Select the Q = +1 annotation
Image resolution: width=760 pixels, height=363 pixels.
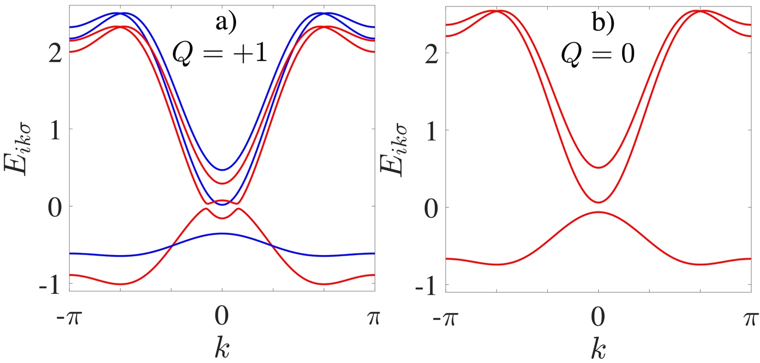[223, 54]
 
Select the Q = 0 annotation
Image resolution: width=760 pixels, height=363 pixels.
[598, 54]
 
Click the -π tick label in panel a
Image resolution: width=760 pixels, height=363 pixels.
[70, 319]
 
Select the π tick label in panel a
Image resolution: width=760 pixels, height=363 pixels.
[374, 319]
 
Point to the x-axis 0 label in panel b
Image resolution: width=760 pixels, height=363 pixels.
[598, 319]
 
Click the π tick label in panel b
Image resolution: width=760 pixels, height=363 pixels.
[750, 319]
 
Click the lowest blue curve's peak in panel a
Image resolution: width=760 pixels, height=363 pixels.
[222, 233]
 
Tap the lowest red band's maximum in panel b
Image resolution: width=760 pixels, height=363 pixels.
[598, 212]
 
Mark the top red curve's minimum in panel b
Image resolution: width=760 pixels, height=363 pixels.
[598, 168]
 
